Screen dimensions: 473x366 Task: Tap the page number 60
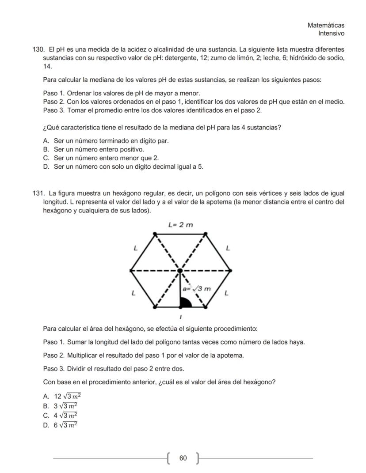(x=183, y=458)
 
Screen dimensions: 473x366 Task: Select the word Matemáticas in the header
(x=326, y=25)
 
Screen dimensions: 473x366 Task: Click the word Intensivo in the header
(x=331, y=33)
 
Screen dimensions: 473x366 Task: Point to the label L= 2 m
(x=181, y=225)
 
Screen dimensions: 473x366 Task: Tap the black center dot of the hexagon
(x=180, y=270)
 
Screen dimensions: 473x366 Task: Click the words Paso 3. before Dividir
(x=54, y=368)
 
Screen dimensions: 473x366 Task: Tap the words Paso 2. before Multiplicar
(x=54, y=355)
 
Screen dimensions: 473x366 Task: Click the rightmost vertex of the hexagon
(x=230, y=270)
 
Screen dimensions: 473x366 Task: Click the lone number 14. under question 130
(x=47, y=66)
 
